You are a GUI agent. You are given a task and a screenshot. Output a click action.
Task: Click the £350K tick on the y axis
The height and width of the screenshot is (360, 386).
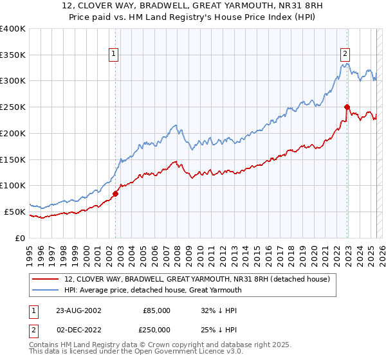point(13,55)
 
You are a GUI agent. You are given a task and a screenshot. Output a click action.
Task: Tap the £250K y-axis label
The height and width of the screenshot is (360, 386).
point(13,107)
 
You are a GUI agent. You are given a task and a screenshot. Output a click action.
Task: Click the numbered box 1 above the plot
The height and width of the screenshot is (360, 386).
point(114,55)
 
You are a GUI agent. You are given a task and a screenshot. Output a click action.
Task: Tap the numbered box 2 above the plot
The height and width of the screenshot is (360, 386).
point(345,55)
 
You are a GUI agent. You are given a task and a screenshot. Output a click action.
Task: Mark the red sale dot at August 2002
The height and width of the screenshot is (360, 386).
point(116,194)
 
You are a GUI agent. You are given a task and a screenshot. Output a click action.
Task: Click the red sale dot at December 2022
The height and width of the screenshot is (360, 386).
point(347,107)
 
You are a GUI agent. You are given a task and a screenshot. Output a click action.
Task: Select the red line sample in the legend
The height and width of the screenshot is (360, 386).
point(46,279)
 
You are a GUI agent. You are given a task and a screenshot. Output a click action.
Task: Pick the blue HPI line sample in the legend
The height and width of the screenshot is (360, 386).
point(46,290)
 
